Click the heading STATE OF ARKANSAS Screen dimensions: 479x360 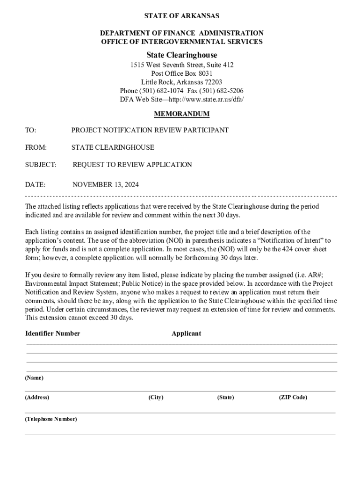[x=182, y=16]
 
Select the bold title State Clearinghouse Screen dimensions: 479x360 [x=182, y=55]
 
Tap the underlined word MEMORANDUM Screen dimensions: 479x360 [x=182, y=114]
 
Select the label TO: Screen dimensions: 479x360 [x=30, y=130]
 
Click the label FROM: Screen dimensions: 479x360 [x=36, y=147]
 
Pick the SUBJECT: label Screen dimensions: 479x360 [x=41, y=165]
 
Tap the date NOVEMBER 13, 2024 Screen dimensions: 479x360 [x=106, y=185]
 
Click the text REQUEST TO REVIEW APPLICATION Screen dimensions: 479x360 [x=132, y=165]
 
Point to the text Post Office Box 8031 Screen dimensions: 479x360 [x=182, y=73]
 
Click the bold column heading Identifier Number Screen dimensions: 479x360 [x=52, y=334]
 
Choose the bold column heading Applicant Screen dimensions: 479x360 [x=186, y=334]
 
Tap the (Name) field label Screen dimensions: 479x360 [x=34, y=377]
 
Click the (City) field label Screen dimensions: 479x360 [x=156, y=397]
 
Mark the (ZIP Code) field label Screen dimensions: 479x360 [x=293, y=397]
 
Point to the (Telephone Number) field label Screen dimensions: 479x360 [x=51, y=419]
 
